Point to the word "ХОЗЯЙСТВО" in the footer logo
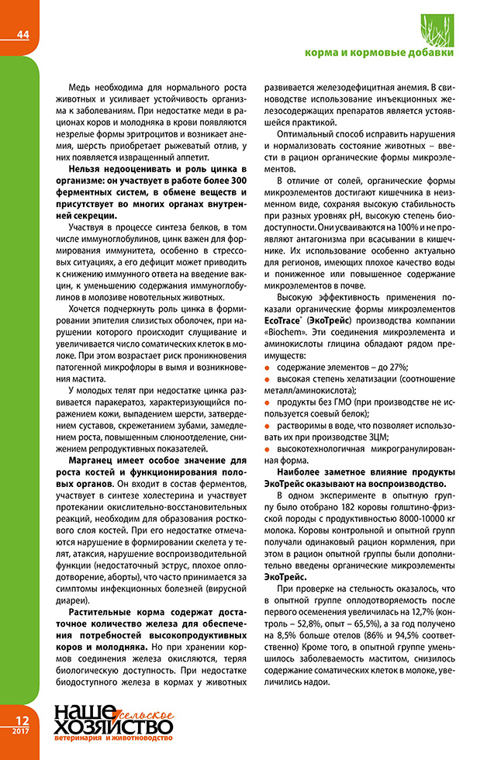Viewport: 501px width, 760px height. coord(113,727)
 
